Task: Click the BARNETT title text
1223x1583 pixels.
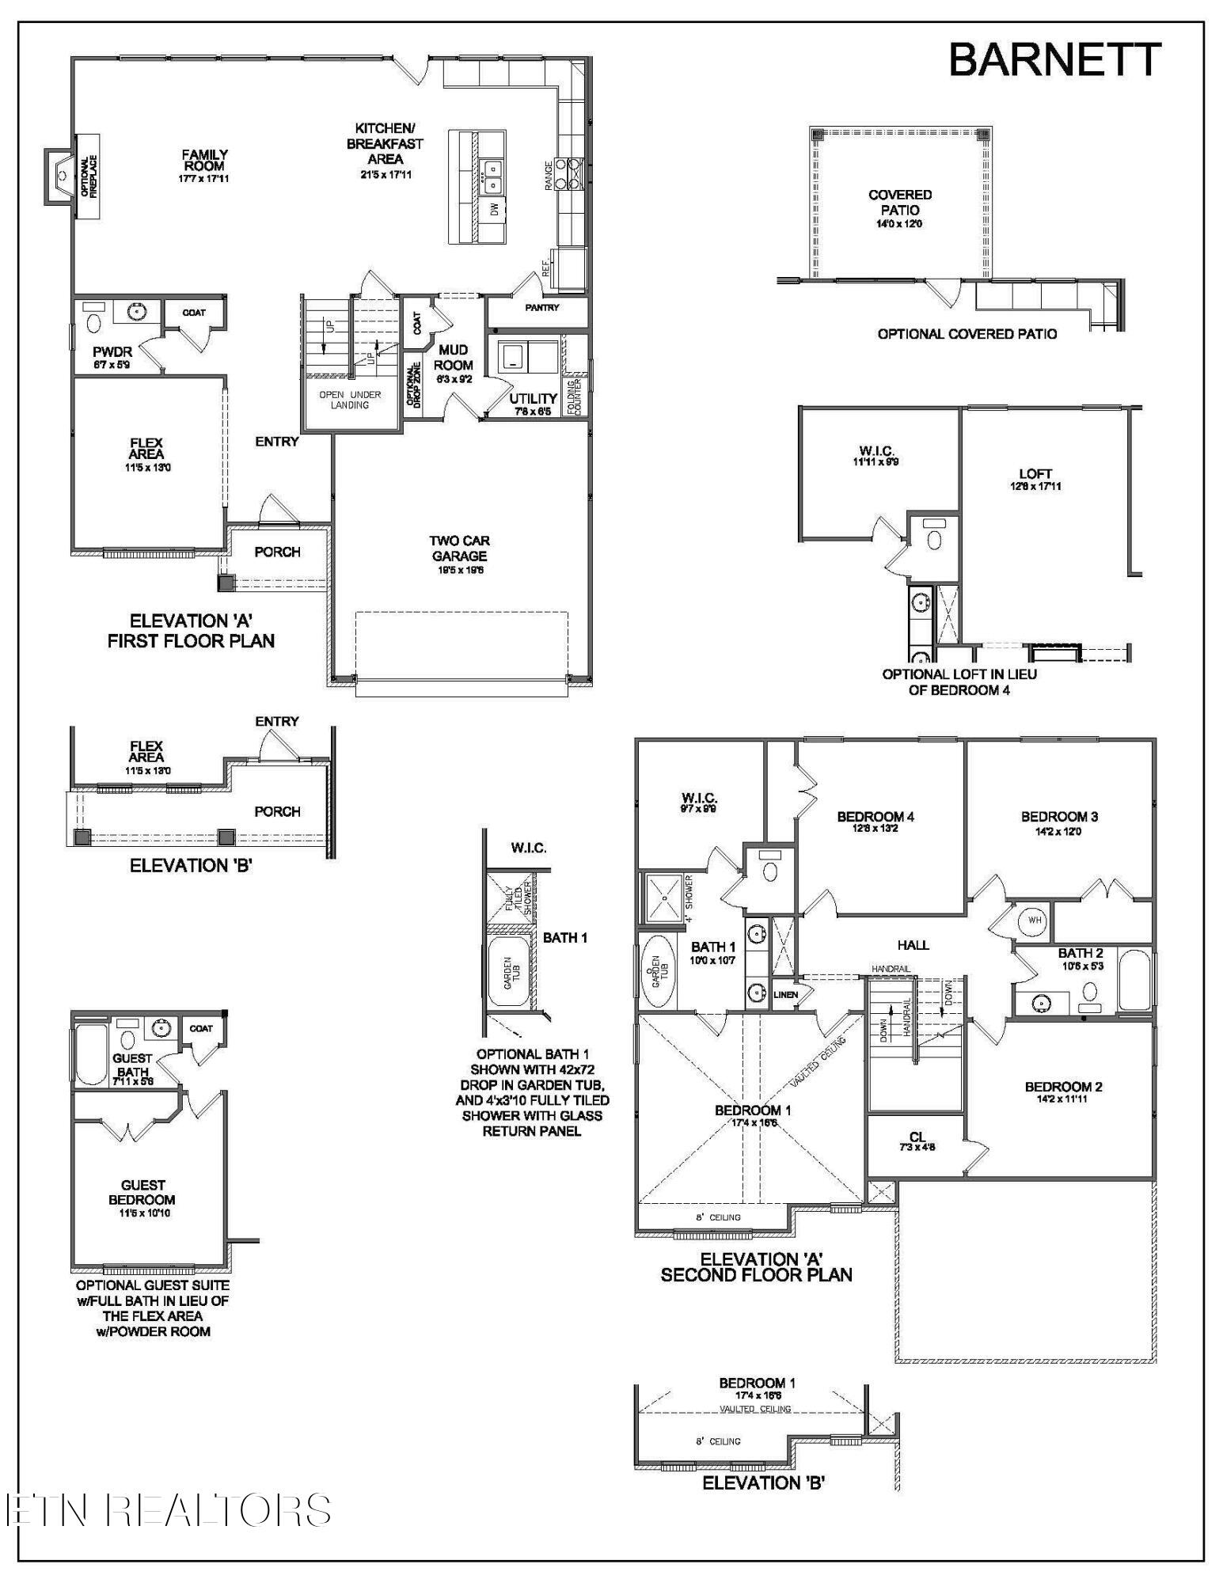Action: [1054, 60]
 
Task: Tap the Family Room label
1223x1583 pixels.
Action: [204, 161]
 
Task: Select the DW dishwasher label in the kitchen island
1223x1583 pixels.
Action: [494, 210]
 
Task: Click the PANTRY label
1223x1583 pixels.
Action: [541, 307]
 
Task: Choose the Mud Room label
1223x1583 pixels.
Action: [454, 357]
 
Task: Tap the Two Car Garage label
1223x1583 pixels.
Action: [459, 549]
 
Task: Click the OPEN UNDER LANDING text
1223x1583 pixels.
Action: [350, 400]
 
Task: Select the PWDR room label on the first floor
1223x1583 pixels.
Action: [112, 351]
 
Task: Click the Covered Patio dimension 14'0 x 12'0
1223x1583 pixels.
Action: [900, 224]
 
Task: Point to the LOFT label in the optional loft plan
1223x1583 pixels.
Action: [1035, 474]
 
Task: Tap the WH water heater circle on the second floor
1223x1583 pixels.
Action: [1035, 920]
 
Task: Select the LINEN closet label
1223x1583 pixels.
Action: [785, 995]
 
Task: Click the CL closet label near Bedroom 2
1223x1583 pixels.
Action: [917, 1137]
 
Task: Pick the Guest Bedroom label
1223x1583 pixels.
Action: [143, 1192]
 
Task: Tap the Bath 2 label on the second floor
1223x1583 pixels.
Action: [1080, 953]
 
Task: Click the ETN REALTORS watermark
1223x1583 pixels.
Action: [168, 1510]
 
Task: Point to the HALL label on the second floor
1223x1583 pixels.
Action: [913, 945]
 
